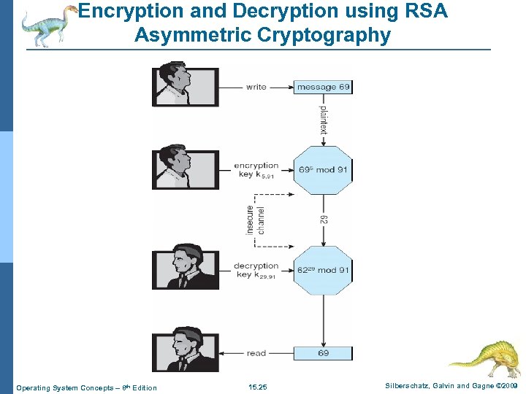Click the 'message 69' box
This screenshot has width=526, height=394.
tap(323, 87)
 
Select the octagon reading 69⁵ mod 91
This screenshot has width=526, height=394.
tap(323, 169)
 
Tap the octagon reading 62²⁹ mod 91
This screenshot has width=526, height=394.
tap(323, 270)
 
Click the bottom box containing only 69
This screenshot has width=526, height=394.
tap(323, 353)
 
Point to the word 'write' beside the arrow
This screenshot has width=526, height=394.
tap(256, 87)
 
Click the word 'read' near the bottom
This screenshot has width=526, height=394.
tap(256, 353)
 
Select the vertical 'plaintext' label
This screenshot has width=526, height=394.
tap(323, 120)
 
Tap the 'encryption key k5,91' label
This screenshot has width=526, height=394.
tap(256, 170)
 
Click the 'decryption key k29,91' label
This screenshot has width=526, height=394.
tap(256, 270)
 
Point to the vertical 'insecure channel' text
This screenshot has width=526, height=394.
tap(256, 220)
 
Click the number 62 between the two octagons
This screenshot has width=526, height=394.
tap(323, 220)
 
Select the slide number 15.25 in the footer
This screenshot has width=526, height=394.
tap(258, 387)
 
